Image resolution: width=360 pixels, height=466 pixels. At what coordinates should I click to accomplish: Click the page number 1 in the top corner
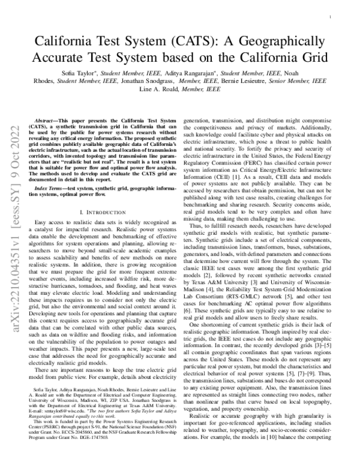click(331, 19)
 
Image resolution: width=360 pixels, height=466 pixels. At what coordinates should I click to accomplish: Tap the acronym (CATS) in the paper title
click(187, 42)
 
